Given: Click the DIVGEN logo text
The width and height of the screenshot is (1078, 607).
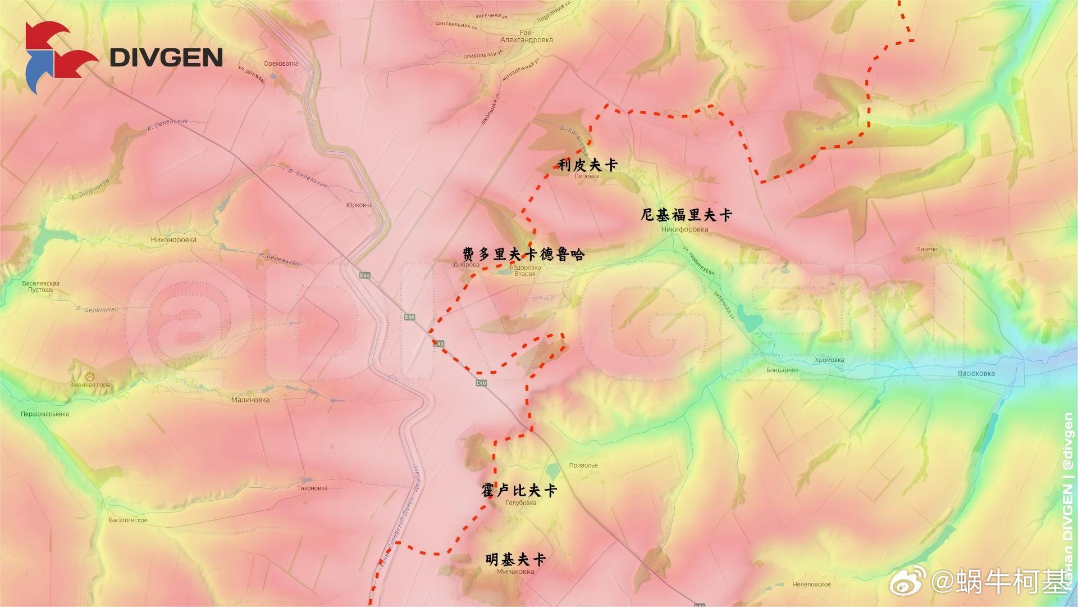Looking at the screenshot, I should coord(166,57).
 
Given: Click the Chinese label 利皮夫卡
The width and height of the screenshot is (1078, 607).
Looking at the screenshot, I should coord(587,165).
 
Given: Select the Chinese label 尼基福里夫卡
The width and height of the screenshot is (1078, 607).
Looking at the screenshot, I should coord(687,215).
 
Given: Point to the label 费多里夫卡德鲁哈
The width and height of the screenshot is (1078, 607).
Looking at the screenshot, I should coord(523,255).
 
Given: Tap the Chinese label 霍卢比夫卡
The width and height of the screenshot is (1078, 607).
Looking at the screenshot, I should coord(519,491).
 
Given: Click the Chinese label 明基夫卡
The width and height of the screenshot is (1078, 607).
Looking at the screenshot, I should coord(515,560).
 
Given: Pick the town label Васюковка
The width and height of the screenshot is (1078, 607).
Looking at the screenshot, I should coord(976,373).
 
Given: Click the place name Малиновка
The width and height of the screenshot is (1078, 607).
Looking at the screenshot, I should coord(250,400).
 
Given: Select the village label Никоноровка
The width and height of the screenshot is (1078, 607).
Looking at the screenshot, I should coord(173,239).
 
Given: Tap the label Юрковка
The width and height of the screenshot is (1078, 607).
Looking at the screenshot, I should coord(359,205).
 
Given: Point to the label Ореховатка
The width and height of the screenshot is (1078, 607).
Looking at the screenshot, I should coord(280,64).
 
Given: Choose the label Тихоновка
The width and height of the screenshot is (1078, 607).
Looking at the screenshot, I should coord(312,488).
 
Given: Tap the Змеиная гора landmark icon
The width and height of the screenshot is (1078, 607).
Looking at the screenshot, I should coord(89,375).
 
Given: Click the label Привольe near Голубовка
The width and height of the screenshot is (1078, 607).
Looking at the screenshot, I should coord(583,465).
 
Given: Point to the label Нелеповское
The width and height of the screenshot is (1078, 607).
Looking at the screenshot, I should coord(811,585).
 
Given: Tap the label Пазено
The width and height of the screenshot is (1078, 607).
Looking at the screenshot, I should coord(926,249).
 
